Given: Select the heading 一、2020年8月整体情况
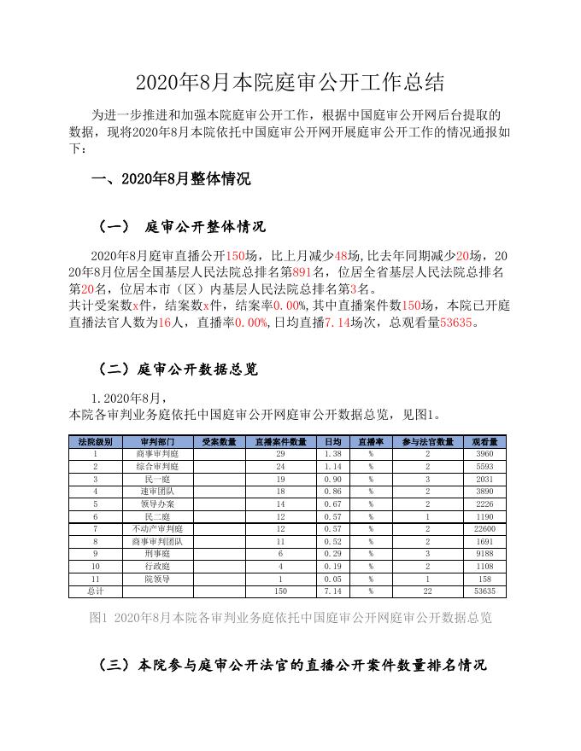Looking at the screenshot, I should [x=171, y=179].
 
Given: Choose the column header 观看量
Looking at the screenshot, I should [x=484, y=441].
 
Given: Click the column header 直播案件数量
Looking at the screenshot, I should [x=280, y=441].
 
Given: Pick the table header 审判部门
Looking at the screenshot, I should [x=157, y=441].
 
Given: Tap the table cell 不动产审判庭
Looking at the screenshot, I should [x=157, y=529].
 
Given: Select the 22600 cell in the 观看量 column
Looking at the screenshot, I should [x=484, y=529].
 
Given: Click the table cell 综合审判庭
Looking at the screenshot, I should [x=157, y=467].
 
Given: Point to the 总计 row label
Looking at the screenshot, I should [x=95, y=591].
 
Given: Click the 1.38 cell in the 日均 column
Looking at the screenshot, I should [x=333, y=454].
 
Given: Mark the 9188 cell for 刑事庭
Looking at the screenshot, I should [x=484, y=554].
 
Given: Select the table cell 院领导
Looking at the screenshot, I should [x=157, y=579].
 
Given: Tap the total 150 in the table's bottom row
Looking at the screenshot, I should [x=280, y=591].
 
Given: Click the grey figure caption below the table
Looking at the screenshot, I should [x=290, y=617].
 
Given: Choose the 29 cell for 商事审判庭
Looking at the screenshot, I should [x=280, y=454].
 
